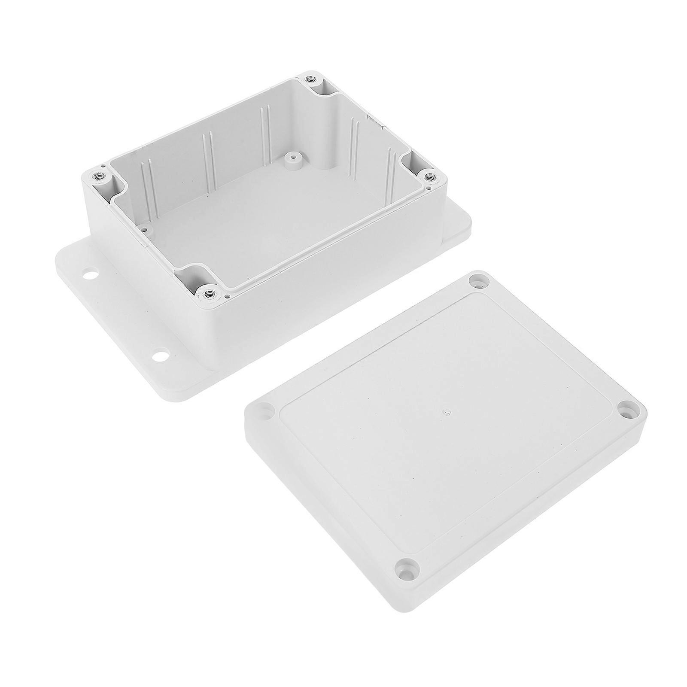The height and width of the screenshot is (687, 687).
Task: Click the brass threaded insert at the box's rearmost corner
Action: pyautogui.click(x=309, y=79)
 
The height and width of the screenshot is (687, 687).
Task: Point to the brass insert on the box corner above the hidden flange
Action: pyautogui.click(x=428, y=176)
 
